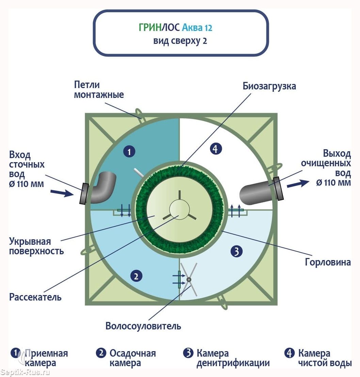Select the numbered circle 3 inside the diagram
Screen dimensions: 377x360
(236, 251)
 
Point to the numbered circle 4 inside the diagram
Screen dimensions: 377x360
(216, 149)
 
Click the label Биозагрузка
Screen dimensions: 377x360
(269, 86)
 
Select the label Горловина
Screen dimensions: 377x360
(328, 262)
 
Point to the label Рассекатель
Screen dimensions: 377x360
(35, 297)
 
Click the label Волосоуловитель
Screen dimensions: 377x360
(143, 326)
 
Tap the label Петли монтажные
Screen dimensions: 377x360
(99, 90)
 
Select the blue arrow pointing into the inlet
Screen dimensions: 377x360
(62, 193)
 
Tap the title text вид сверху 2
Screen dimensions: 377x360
(180, 41)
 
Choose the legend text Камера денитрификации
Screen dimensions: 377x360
(233, 358)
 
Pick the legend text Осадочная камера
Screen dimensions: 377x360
(132, 358)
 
